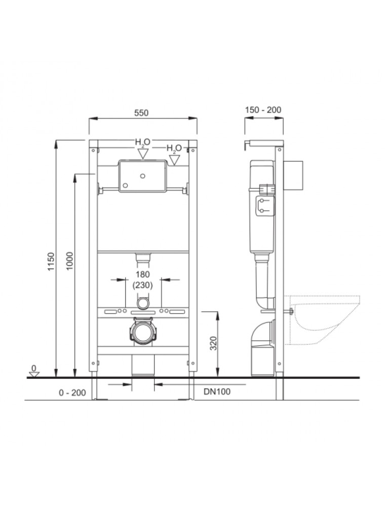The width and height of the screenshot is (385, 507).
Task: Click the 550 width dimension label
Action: [x=141, y=113]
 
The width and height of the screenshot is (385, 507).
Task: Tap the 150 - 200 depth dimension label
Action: [x=263, y=110]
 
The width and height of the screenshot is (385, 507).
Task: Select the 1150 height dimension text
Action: [x=51, y=262]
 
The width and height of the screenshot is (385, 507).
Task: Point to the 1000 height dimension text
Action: [x=70, y=261]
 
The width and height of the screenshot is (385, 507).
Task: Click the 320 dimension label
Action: [x=213, y=343]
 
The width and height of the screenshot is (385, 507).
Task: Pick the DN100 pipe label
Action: [x=217, y=391]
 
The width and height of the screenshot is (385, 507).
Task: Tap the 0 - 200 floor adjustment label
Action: [x=72, y=392]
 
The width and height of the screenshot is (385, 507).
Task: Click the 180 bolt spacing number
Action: [x=142, y=274]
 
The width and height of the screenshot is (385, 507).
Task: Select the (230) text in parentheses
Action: [x=142, y=285]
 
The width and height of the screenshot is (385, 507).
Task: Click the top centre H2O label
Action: [x=142, y=142]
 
